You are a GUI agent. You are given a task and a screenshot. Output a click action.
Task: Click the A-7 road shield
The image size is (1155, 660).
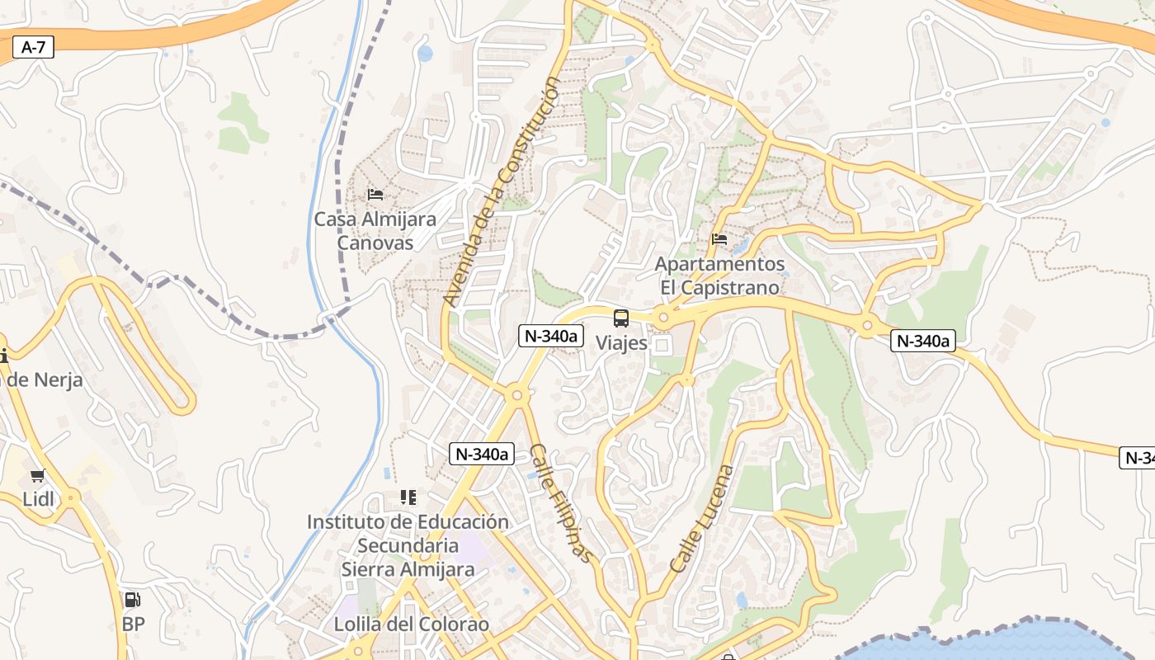(x=33, y=48)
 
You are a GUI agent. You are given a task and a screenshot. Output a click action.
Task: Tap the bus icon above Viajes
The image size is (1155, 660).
(x=621, y=318)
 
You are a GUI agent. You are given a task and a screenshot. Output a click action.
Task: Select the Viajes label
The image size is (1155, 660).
(x=621, y=343)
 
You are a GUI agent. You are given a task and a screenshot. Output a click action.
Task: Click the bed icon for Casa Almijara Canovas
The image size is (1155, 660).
(x=375, y=196)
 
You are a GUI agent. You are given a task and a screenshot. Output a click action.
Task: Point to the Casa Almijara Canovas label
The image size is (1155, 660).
(x=375, y=231)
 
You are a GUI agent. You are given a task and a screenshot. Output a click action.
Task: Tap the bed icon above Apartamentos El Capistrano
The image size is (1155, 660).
(x=719, y=240)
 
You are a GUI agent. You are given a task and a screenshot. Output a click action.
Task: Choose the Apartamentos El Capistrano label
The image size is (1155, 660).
(x=719, y=276)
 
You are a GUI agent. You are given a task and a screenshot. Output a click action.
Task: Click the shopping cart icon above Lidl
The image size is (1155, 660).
(x=37, y=476)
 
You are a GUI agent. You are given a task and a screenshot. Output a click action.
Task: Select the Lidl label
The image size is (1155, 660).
(x=38, y=499)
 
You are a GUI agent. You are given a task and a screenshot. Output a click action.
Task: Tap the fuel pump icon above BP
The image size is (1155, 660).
(x=132, y=600)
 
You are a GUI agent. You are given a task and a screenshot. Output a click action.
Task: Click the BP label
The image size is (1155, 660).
(x=133, y=624)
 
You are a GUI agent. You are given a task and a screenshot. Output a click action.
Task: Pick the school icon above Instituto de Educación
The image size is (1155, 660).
(x=408, y=497)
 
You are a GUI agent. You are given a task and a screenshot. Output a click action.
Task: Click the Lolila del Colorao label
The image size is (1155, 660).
(x=411, y=625)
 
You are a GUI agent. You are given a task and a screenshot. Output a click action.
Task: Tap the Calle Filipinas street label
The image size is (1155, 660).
(x=562, y=503)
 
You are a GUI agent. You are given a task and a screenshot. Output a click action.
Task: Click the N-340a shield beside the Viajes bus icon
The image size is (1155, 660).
(x=551, y=336)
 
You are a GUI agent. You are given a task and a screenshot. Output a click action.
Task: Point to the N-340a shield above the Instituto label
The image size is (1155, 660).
(x=482, y=454)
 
